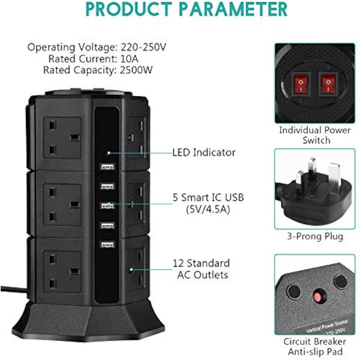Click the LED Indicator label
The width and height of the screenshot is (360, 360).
coord(204,152)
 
